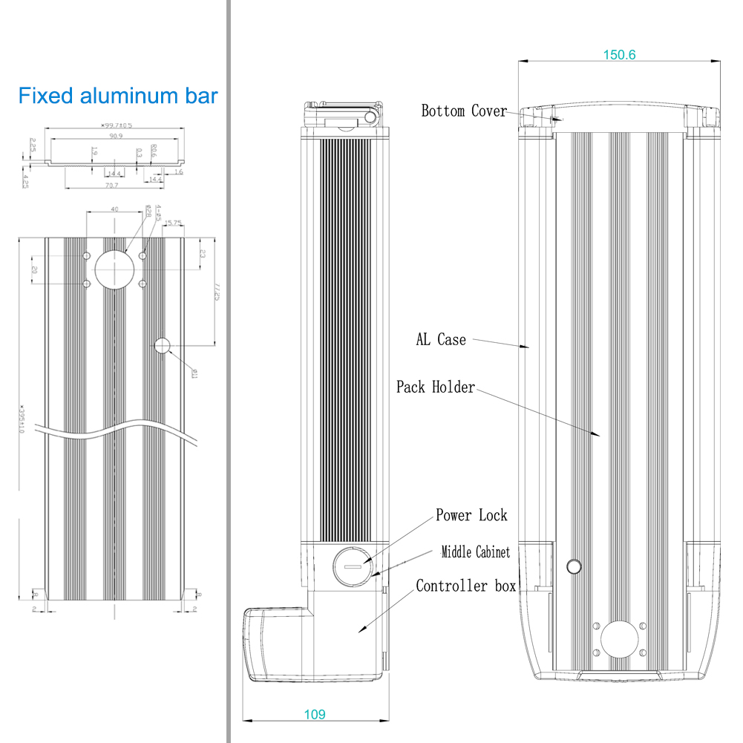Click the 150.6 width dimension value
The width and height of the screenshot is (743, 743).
point(619,54)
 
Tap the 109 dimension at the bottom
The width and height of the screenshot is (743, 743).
point(314,715)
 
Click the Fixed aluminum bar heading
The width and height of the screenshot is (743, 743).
point(118,96)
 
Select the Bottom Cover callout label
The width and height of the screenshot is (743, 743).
point(464,111)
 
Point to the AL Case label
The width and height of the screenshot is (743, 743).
point(441,340)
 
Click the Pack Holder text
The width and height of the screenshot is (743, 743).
point(435,387)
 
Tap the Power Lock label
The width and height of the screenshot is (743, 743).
point(471,515)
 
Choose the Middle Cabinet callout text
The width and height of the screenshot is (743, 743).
point(476,552)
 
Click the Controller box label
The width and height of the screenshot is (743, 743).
point(465,586)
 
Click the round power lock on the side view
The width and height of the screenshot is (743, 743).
point(349,566)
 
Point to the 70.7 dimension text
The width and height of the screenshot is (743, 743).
point(112,185)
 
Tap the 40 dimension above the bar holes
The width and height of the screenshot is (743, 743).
point(114,210)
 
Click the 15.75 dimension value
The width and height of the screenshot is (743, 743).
point(174,223)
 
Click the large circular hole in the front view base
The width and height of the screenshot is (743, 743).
point(618,640)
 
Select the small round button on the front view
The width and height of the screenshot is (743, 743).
point(574,568)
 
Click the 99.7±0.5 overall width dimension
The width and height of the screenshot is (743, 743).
point(116,125)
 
